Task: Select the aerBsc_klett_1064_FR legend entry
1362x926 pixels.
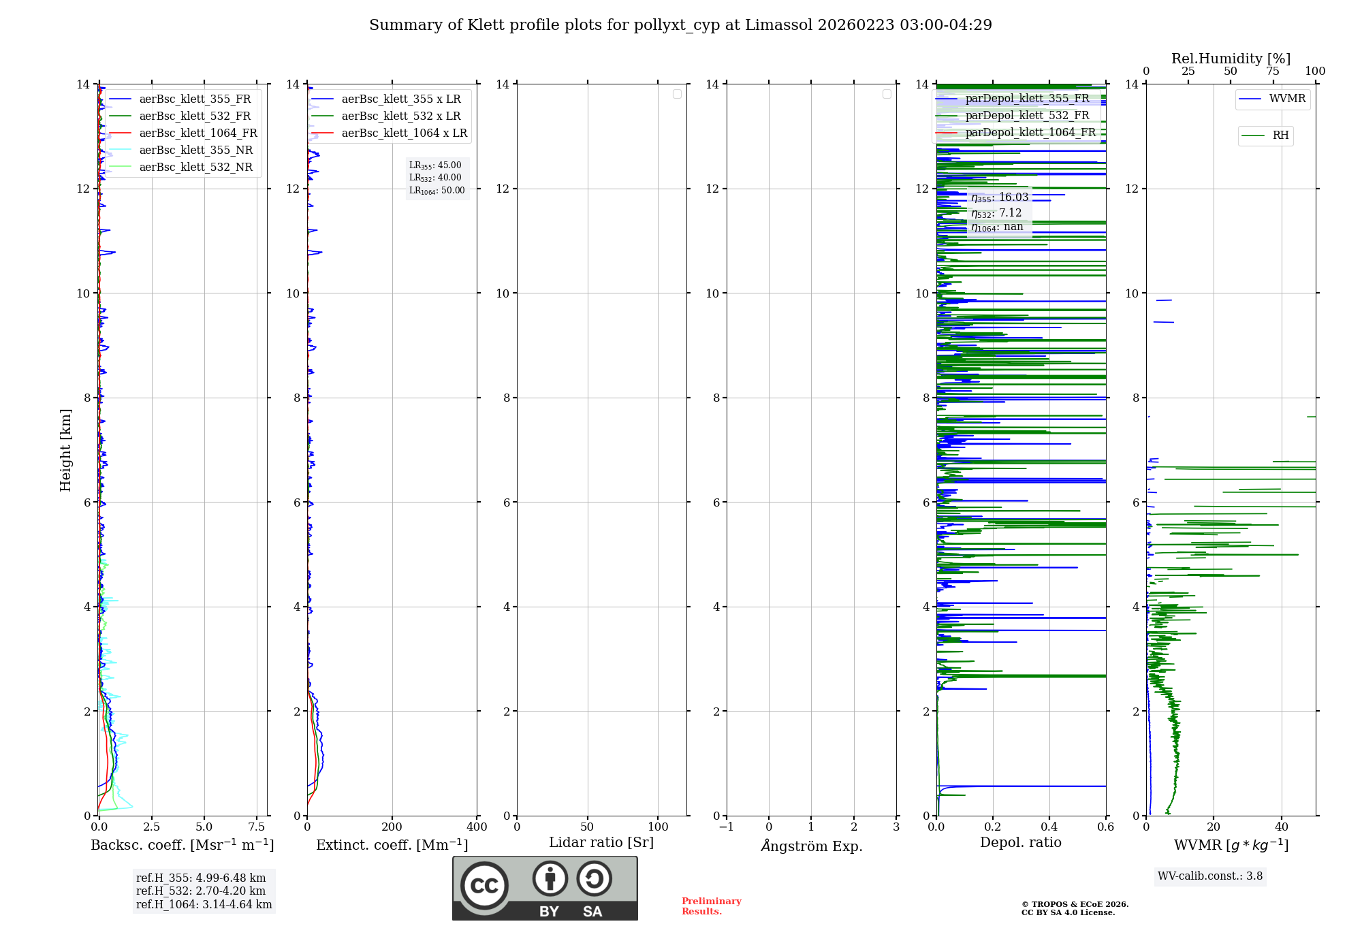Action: (198, 133)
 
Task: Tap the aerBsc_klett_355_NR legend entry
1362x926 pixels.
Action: (195, 150)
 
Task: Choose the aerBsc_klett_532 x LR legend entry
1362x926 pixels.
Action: (400, 116)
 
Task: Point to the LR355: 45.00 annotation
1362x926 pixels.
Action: (435, 165)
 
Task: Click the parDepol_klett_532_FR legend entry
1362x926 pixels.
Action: (1027, 116)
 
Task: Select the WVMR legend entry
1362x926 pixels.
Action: (1287, 99)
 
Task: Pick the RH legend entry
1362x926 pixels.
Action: (1280, 135)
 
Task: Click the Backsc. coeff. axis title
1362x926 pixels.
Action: (183, 845)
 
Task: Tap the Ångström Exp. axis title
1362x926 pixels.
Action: (812, 846)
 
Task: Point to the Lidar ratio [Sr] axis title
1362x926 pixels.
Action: (601, 843)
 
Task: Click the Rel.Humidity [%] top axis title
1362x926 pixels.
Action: (1231, 59)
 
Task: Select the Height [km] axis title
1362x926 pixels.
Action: (65, 450)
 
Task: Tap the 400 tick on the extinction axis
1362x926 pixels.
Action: (477, 827)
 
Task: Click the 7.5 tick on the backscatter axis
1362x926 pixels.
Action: (257, 827)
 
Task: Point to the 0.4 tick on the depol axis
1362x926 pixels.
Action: (1049, 827)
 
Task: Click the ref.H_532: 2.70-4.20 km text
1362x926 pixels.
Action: (201, 891)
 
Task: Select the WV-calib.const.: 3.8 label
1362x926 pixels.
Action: (1210, 876)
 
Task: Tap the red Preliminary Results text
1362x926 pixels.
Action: (711, 906)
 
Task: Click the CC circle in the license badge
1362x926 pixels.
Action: (484, 886)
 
